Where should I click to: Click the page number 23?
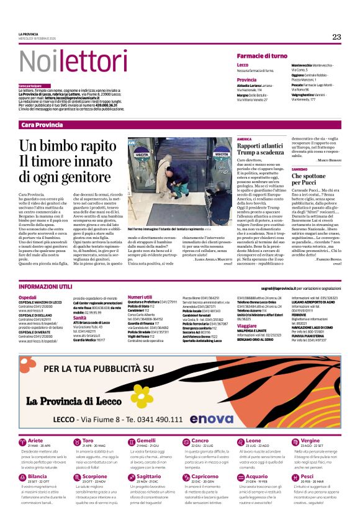pos(336,37)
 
